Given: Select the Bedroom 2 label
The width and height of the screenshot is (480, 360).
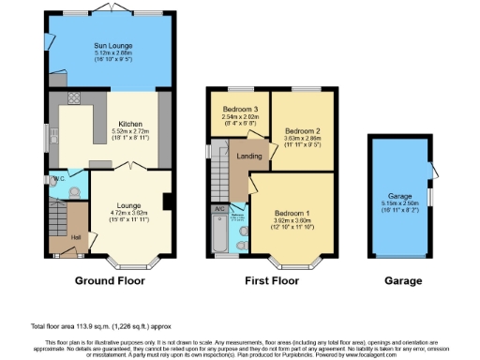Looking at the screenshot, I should tap(303, 130).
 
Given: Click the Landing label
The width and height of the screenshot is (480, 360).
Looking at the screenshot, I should tap(248, 157).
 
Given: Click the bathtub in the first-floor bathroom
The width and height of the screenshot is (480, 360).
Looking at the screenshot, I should tap(218, 239).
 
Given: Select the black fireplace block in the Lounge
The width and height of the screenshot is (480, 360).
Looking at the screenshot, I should tap(166, 201).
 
